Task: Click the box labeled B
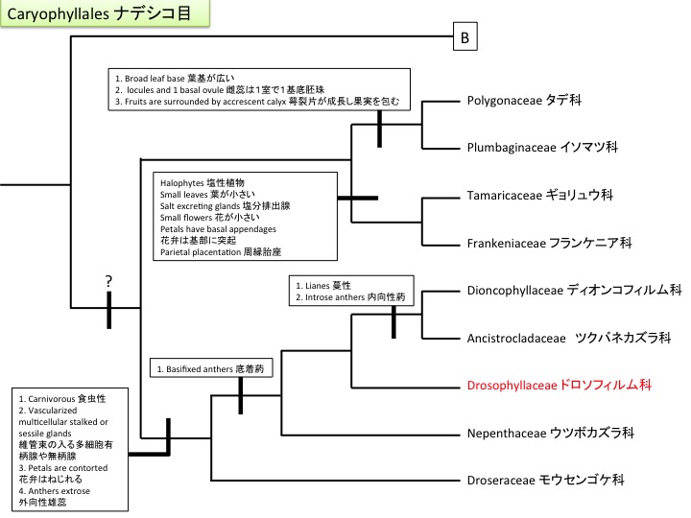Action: [465, 38]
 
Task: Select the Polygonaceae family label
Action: [527, 100]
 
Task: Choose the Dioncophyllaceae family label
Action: [573, 290]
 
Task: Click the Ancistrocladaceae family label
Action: [568, 338]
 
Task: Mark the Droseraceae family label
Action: [546, 480]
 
